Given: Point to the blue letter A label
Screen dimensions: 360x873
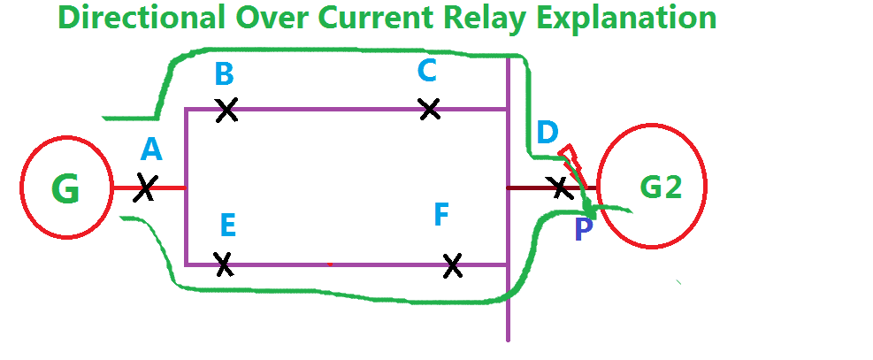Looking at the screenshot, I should (x=151, y=150).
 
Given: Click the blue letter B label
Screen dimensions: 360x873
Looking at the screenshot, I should (x=224, y=74).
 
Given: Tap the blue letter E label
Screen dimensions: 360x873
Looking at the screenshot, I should (x=227, y=226).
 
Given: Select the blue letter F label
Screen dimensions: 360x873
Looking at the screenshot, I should (x=443, y=215).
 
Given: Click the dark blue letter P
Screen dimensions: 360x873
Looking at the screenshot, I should (x=583, y=231).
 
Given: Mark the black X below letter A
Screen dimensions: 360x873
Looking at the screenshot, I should (x=146, y=188).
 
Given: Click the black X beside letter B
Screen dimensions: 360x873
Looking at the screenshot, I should (x=226, y=110).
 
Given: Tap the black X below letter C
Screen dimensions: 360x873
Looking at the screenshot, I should (x=429, y=109).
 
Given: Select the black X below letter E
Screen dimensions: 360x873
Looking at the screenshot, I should (x=224, y=264).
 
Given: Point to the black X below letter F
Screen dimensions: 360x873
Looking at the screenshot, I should (x=452, y=264).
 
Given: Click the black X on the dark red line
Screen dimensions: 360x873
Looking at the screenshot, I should (x=559, y=187).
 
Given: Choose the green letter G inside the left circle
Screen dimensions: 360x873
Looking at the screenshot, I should (x=65, y=188).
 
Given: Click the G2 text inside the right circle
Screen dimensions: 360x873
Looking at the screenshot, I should (x=661, y=187).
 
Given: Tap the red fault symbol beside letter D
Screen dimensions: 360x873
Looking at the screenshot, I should (x=571, y=157).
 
